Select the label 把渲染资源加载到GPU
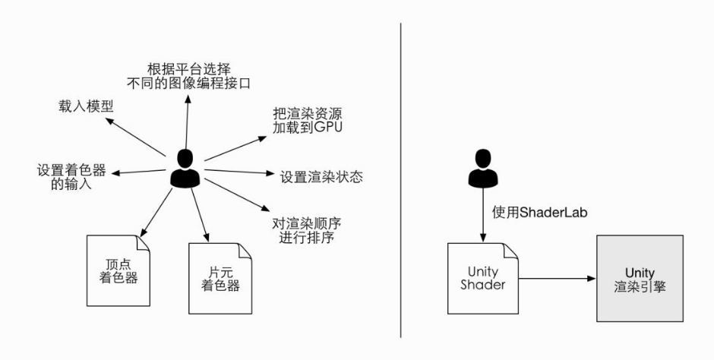(x=308, y=119)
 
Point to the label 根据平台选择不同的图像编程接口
(x=189, y=74)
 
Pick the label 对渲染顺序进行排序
(x=302, y=231)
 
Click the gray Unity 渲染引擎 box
(x=639, y=278)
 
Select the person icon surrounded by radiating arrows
(x=185, y=169)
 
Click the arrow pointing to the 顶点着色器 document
(x=156, y=209)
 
